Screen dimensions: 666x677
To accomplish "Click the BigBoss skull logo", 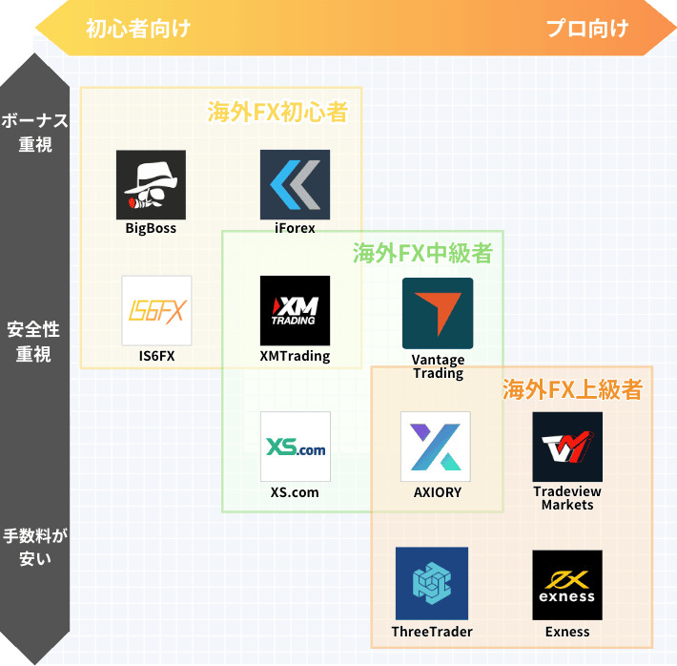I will (x=151, y=185).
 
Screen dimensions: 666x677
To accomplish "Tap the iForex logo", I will (x=295, y=185).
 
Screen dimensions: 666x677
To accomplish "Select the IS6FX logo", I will (x=156, y=310).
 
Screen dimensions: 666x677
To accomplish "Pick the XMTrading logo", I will (x=295, y=310).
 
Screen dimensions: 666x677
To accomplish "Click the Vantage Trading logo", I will (x=438, y=313).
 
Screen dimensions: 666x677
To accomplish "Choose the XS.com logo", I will (x=295, y=447).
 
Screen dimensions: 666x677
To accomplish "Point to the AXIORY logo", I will (x=436, y=447).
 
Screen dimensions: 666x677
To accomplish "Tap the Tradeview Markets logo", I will (x=567, y=447).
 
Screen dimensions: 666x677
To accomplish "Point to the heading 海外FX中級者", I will (x=422, y=254).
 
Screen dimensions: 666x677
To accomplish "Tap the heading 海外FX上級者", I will (x=571, y=389).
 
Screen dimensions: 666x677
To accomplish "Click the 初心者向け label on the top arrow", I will (x=137, y=28).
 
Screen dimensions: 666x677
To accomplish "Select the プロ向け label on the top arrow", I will (x=587, y=28).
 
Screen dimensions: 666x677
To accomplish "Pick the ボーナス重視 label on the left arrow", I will (x=34, y=133).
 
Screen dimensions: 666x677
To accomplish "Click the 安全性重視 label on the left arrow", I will (x=34, y=342).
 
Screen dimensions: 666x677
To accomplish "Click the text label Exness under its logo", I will (x=567, y=632).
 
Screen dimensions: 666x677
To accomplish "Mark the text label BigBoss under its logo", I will (x=151, y=229).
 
